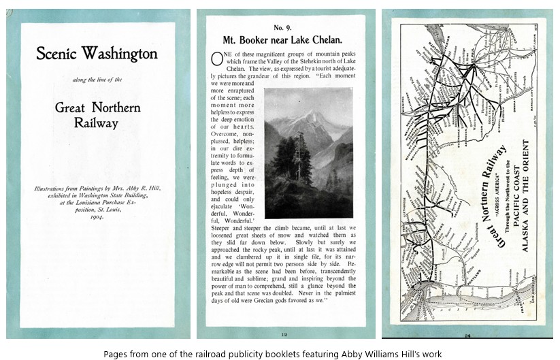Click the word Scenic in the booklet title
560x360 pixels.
pyautogui.click(x=59, y=54)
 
